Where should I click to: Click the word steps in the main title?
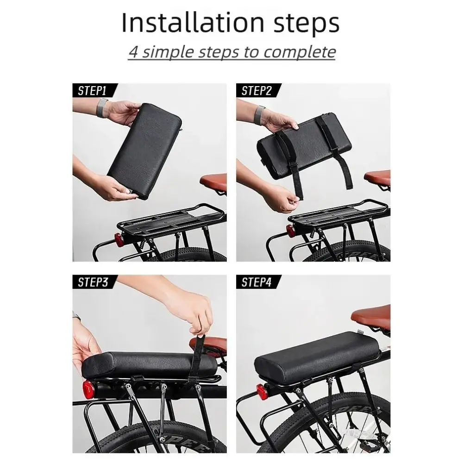point(307,24)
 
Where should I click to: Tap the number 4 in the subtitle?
point(134,52)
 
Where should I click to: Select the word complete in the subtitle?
point(300,52)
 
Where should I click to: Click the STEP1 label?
point(92,91)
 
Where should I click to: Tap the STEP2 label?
point(257,91)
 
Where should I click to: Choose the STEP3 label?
point(93,282)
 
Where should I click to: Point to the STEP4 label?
point(257,282)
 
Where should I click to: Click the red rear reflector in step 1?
point(119,239)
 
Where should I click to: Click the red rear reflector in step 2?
point(289,231)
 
